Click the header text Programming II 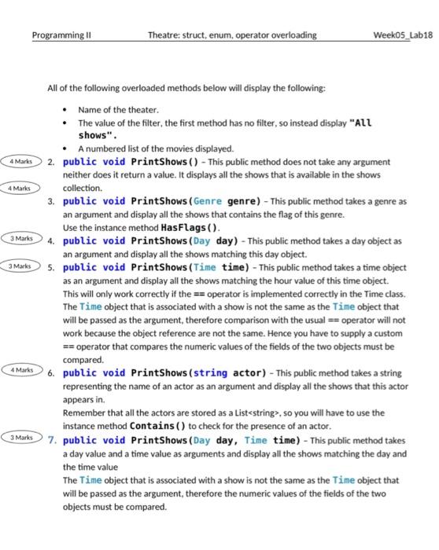[61, 35]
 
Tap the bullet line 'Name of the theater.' [118, 109]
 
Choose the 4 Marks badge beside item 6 [21, 369]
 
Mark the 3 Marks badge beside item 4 [21, 238]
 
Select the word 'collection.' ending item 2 [83, 189]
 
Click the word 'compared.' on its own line [83, 359]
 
